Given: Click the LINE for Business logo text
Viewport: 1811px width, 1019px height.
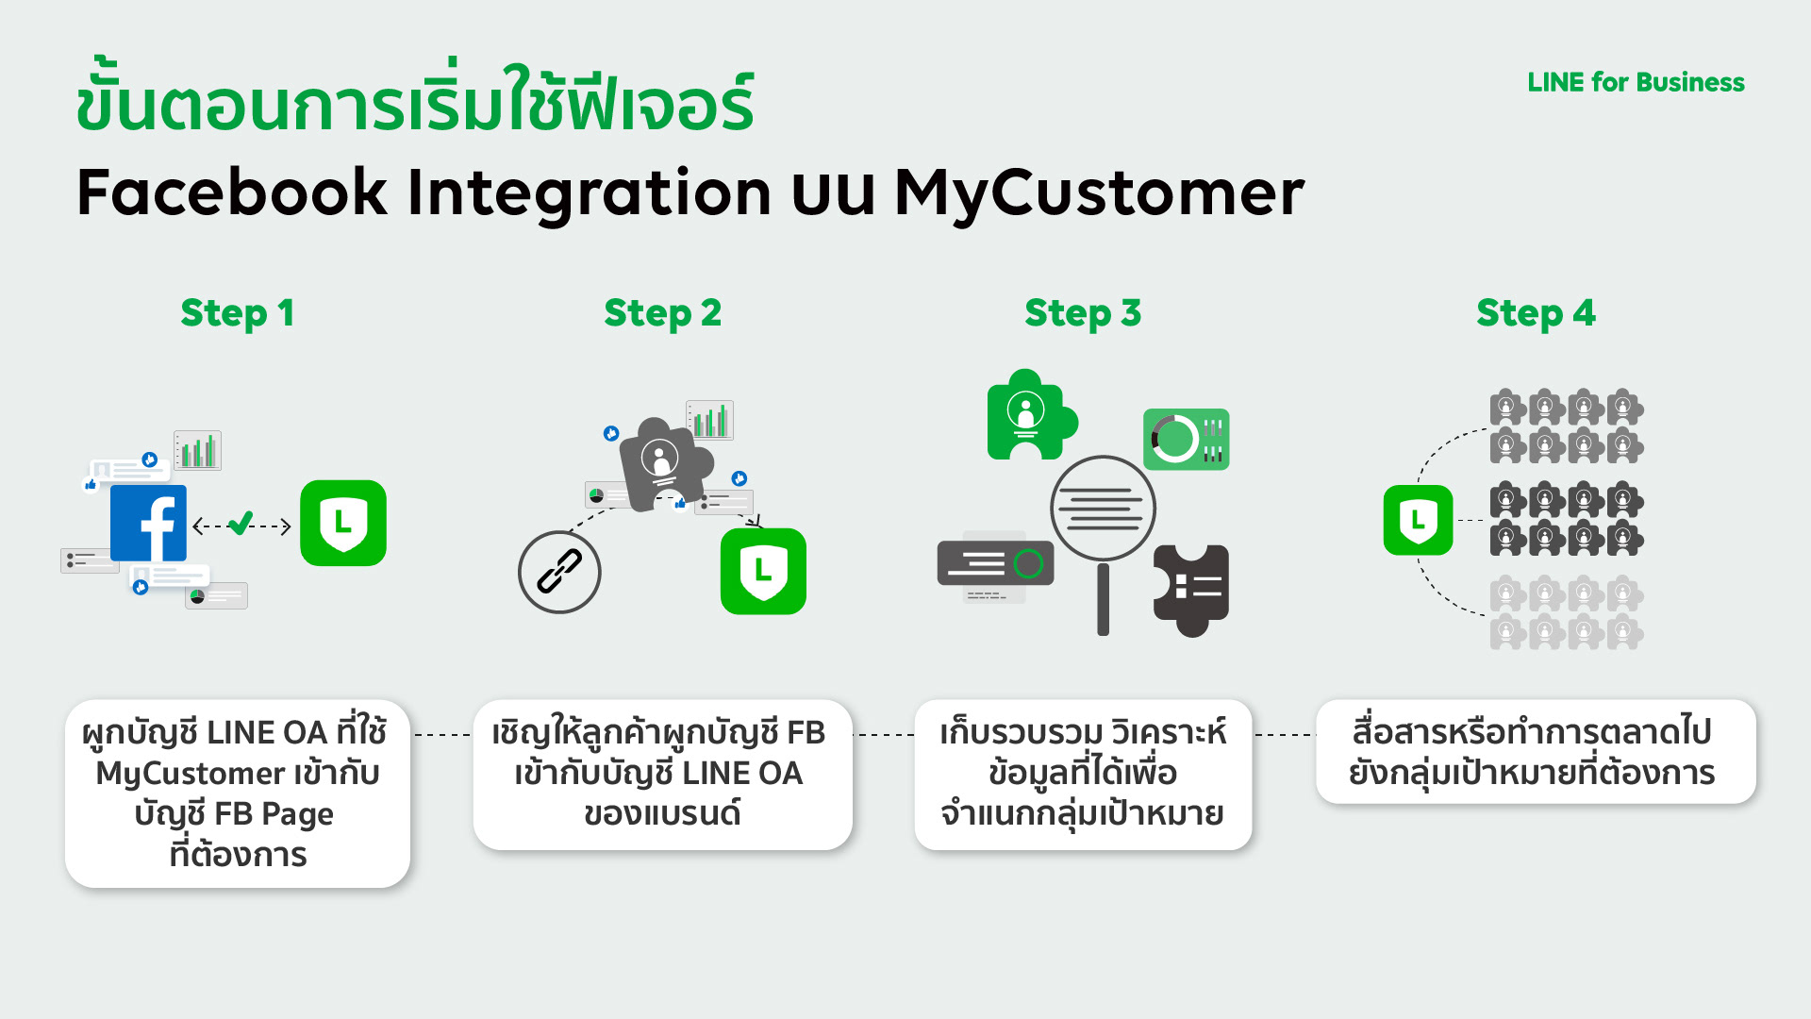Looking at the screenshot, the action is pos(1636,83).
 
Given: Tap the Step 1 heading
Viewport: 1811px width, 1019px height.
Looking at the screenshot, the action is pos(238,313).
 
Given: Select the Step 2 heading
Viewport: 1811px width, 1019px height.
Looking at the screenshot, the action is pos(662,313).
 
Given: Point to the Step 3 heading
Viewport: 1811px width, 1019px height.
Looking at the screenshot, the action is pos(1083,313).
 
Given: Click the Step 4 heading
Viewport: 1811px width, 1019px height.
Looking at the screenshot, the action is pos(1536,313).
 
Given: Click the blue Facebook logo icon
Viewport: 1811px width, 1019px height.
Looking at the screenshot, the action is pos(149,524).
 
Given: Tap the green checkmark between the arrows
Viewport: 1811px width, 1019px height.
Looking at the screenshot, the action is pos(241,523).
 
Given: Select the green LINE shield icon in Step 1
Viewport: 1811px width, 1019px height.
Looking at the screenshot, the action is pos(343,523).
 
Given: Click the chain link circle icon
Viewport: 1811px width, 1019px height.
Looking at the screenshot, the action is pos(559,572).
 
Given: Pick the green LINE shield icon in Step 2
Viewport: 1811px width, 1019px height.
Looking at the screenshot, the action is pos(763,571).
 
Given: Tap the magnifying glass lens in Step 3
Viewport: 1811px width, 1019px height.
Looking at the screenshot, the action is pos(1103,509).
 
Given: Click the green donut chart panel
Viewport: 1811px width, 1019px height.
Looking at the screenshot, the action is pos(1186,439).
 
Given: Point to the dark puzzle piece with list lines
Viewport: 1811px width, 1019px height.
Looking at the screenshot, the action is pos(1192,588).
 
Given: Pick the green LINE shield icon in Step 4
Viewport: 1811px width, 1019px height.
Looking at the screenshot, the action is pos(1418,520).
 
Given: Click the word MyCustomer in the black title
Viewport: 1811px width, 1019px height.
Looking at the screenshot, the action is pos(1099,193).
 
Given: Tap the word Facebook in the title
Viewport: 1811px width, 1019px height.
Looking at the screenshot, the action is pos(232,193).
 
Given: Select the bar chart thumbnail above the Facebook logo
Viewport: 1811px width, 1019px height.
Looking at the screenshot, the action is pos(197,450).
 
